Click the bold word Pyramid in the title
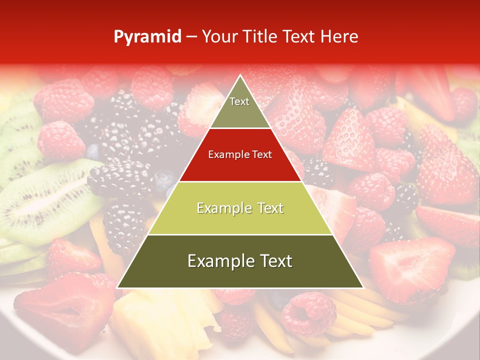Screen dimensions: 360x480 coord(147,37)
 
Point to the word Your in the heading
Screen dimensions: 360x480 coord(218,37)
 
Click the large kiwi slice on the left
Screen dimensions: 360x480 coord(47,200)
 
